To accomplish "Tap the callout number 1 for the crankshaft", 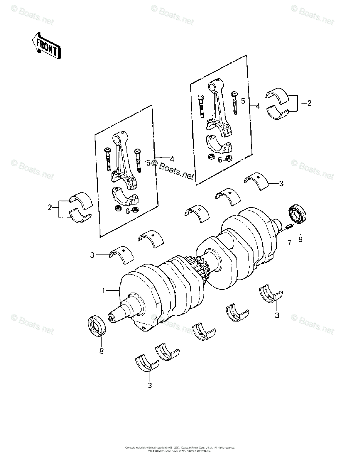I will (x=103, y=291).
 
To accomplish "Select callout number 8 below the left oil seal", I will (x=102, y=351).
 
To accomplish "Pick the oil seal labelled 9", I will (x=298, y=214).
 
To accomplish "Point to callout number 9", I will (x=300, y=239).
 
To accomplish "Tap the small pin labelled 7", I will (x=289, y=229).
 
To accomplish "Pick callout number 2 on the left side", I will (x=50, y=208).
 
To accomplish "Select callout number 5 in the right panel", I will (x=243, y=101).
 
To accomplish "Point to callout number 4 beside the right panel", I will (x=258, y=106).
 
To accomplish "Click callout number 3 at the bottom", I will (x=150, y=385).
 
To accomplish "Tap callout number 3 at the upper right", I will (x=281, y=184).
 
